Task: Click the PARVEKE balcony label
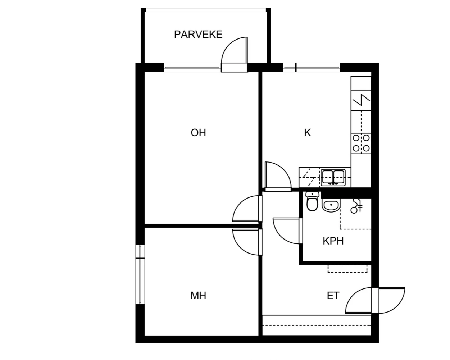tap(198, 35)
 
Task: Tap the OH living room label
tap(198, 133)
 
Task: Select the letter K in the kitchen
tap(308, 133)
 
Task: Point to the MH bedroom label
tap(198, 296)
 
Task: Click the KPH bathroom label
tap(333, 241)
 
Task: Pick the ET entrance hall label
tap(333, 296)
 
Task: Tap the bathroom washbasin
tap(331, 205)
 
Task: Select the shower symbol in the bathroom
tap(356, 206)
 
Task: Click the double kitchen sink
tap(333, 178)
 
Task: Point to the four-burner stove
tap(361, 143)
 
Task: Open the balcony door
tap(234, 54)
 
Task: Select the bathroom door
tap(288, 231)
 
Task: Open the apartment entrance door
tap(375, 300)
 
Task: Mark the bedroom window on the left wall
tap(140, 274)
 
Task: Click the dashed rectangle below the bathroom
tap(347, 269)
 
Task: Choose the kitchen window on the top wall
tap(312, 68)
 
